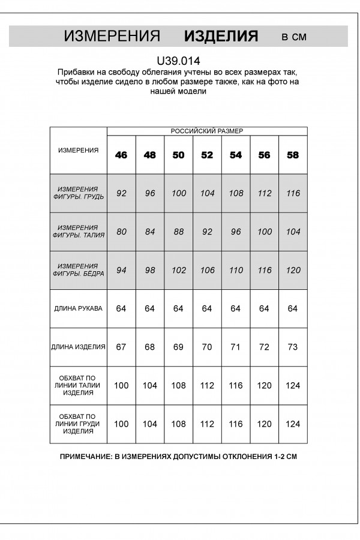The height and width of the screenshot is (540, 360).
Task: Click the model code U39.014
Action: pos(178,60)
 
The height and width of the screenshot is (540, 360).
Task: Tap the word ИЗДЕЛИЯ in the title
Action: pos(221,37)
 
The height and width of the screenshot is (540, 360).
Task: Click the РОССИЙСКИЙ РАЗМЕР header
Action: pos(207,131)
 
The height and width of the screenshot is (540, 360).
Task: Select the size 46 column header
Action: pos(121,155)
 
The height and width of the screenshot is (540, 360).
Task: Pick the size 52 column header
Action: pos(207,155)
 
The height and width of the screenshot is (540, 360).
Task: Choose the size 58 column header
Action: pos(293,155)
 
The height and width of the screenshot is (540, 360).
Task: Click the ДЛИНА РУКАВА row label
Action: pos(78,308)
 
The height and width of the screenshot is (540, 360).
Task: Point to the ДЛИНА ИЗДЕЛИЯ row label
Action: pos(78,347)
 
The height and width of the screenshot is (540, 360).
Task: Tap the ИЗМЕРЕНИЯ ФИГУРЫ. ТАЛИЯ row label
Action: pos(78,232)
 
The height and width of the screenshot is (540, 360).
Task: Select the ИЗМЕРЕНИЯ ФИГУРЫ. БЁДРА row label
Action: pos(78,270)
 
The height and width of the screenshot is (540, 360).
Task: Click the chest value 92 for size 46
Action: pos(121,193)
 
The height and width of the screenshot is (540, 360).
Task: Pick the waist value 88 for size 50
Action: pos(178,232)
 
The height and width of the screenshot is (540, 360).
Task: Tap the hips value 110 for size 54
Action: pos(236,270)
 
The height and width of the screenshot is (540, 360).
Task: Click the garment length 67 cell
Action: pos(121,347)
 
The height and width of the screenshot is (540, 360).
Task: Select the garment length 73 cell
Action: pos(293,347)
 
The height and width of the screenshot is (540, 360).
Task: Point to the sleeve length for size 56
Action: pos(264,308)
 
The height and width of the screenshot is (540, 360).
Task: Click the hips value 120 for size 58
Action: pos(293,270)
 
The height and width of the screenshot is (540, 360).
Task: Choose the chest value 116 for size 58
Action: pos(293,193)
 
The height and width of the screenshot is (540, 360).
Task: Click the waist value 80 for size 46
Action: pos(121,232)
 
